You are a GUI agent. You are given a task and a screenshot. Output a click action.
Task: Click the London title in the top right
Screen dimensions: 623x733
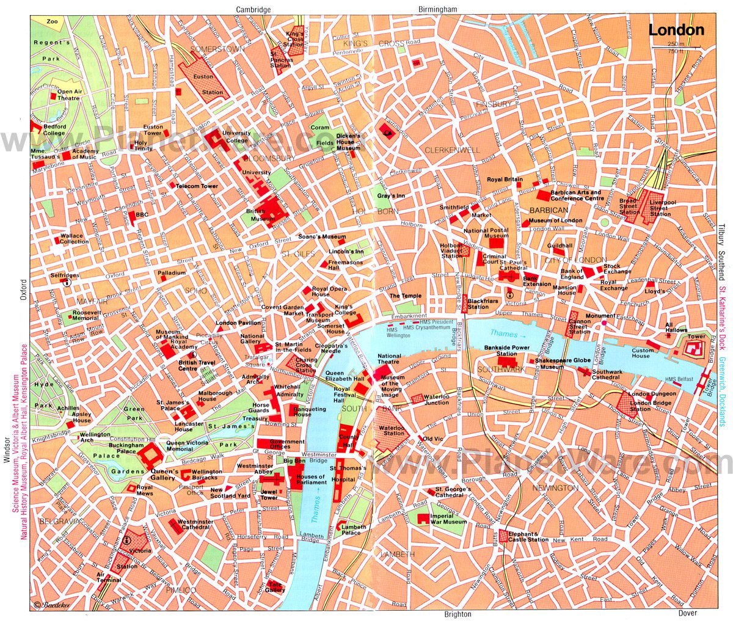pyautogui.click(x=676, y=30)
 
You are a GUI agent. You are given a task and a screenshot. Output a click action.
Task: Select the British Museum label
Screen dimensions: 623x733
pyautogui.click(x=256, y=214)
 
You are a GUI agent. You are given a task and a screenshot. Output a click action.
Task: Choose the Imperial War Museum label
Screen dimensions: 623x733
pyautogui.click(x=448, y=519)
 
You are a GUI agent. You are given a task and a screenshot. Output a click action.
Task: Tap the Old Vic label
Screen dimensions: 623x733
pyautogui.click(x=432, y=439)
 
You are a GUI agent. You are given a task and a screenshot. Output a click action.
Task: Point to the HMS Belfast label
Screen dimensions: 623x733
pyautogui.click(x=679, y=379)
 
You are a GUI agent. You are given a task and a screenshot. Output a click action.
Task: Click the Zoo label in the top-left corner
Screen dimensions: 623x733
pyautogui.click(x=52, y=21)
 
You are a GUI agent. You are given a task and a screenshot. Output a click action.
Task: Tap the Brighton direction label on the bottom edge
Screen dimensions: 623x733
pyautogui.click(x=458, y=614)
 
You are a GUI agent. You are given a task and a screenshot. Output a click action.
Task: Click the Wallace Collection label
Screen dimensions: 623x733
pyautogui.click(x=74, y=238)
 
